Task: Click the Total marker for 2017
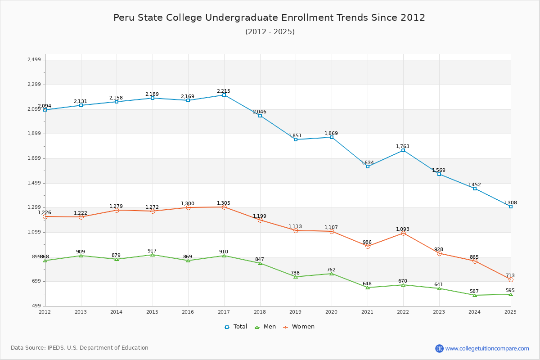tap(224, 95)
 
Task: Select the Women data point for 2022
tap(403, 233)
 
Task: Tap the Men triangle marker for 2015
tap(153, 255)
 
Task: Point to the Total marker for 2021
tap(368, 166)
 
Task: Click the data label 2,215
tap(224, 91)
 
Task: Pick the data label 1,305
tap(224, 203)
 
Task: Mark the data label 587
tap(474, 291)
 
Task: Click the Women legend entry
tap(299, 327)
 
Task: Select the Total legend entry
tap(236, 327)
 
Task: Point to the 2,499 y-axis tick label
tap(34, 60)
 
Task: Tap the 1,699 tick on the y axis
tap(34, 158)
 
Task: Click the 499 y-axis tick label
tap(36, 306)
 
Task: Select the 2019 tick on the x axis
tap(296, 311)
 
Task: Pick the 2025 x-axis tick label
tap(511, 311)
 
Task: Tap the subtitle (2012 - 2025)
tap(270, 31)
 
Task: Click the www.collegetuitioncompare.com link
tap(487, 348)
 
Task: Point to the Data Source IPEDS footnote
tap(80, 348)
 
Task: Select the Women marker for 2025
tap(511, 279)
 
